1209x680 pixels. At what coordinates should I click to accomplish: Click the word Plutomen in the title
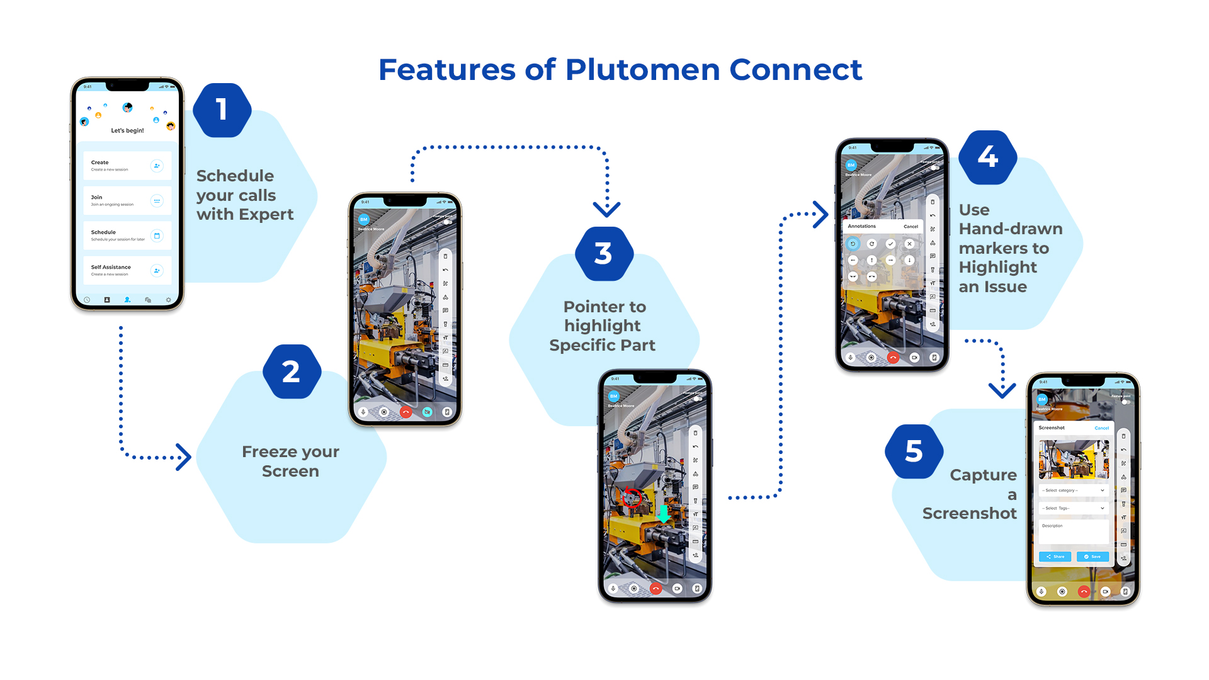[x=642, y=70]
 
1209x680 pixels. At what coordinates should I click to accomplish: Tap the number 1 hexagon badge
[x=222, y=110]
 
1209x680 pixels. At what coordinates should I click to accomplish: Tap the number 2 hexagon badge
[x=292, y=372]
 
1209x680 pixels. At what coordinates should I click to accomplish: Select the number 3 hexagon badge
[x=603, y=254]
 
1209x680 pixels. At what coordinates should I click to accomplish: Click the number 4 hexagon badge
[x=987, y=157]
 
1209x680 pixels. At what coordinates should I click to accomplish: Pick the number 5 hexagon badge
[x=914, y=452]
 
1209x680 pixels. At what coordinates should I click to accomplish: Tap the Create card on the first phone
[x=127, y=166]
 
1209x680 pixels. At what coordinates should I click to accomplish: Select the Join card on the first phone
[x=127, y=201]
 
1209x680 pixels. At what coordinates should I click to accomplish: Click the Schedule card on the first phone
[x=127, y=235]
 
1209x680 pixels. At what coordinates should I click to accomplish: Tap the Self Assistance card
[x=127, y=271]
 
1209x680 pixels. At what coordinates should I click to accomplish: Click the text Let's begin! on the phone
[x=127, y=131]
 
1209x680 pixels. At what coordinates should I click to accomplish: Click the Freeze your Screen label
[x=290, y=462]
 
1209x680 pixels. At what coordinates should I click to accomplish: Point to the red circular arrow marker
[x=632, y=497]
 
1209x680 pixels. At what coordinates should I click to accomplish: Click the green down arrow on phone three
[x=664, y=513]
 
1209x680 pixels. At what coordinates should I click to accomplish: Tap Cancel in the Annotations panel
[x=911, y=227]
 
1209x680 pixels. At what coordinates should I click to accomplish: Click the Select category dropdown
[x=1073, y=490]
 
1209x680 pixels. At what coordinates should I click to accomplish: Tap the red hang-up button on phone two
[x=406, y=412]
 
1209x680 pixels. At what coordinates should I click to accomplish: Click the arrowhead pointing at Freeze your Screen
[x=183, y=457]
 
